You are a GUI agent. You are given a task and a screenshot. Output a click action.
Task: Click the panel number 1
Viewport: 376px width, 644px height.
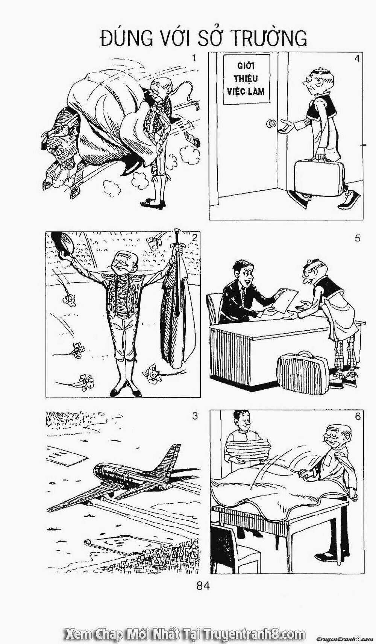tap(194, 58)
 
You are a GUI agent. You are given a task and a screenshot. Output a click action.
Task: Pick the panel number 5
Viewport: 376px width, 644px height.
tap(357, 238)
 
